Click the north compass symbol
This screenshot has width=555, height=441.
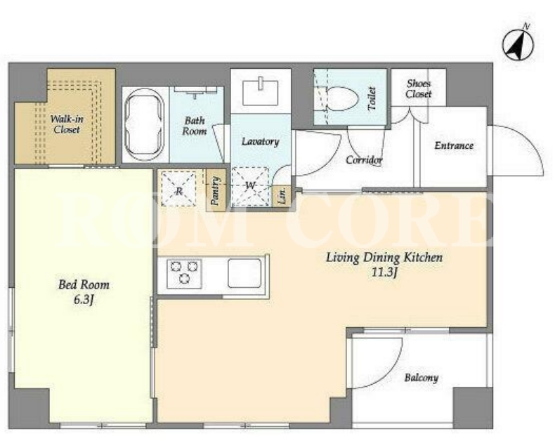[518, 45]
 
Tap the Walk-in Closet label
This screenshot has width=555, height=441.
[67, 124]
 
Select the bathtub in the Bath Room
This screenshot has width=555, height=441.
[145, 124]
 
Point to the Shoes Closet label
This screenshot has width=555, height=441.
[419, 88]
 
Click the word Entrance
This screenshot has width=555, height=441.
[454, 145]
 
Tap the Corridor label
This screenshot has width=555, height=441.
[364, 160]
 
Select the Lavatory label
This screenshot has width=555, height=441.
[260, 142]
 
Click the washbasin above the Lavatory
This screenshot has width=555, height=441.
[261, 93]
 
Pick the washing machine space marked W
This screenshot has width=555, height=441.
[250, 186]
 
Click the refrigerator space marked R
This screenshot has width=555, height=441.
[178, 188]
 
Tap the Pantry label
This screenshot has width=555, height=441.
[215, 191]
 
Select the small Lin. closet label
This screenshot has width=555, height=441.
[283, 195]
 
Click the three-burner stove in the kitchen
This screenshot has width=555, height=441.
[184, 273]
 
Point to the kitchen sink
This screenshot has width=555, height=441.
[244, 273]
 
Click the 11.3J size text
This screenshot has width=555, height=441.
[385, 272]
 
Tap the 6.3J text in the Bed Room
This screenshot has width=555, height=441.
[84, 300]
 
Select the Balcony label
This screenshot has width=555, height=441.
[422, 378]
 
